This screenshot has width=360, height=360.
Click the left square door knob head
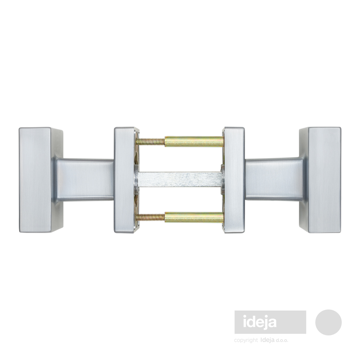[x=41, y=180]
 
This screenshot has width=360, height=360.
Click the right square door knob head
[x=320, y=180]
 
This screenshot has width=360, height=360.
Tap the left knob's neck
[x=84, y=180]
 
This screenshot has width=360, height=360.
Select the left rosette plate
[x=126, y=180]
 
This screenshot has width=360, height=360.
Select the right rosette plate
[x=234, y=180]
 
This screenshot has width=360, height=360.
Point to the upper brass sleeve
[x=194, y=142]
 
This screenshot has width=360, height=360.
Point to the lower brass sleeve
[x=194, y=218]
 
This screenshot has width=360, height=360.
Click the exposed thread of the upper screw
[x=150, y=142]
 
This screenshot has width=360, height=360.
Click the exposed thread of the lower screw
[x=150, y=217]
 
